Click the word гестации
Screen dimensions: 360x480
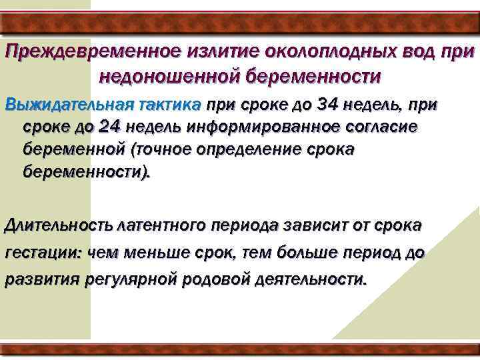[43, 254]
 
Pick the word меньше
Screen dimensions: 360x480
[151, 254]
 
